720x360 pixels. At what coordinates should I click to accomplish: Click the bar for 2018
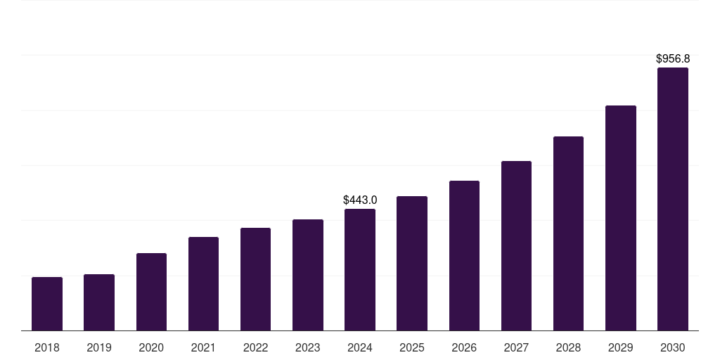click(x=47, y=304)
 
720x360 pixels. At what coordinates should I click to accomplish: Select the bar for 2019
click(x=99, y=302)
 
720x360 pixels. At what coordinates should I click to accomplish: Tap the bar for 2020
click(x=151, y=292)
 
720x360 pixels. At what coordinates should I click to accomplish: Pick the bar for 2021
click(x=203, y=284)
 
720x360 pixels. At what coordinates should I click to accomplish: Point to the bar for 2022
click(x=255, y=279)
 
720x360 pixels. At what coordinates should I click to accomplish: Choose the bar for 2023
click(x=308, y=275)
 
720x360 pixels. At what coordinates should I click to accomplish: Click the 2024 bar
click(x=360, y=270)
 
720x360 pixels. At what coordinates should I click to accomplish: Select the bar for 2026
click(x=464, y=256)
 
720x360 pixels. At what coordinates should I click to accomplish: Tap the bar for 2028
click(x=568, y=233)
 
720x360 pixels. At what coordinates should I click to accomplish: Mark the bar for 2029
click(x=621, y=218)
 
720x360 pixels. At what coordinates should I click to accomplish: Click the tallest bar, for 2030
click(x=673, y=199)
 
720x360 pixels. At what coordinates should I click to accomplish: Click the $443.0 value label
click(x=360, y=200)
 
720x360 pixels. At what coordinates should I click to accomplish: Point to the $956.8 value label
click(x=673, y=59)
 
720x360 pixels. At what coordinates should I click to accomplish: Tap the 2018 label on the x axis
click(x=47, y=347)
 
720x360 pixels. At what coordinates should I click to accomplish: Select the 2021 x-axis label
click(x=203, y=347)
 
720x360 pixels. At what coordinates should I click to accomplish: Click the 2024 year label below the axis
click(x=360, y=347)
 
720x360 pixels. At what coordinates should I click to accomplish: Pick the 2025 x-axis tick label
click(x=412, y=347)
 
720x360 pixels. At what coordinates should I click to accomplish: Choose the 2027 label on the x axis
click(x=516, y=347)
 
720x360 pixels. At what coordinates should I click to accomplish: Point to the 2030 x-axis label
click(x=673, y=347)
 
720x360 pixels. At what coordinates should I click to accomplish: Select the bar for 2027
click(x=516, y=246)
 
